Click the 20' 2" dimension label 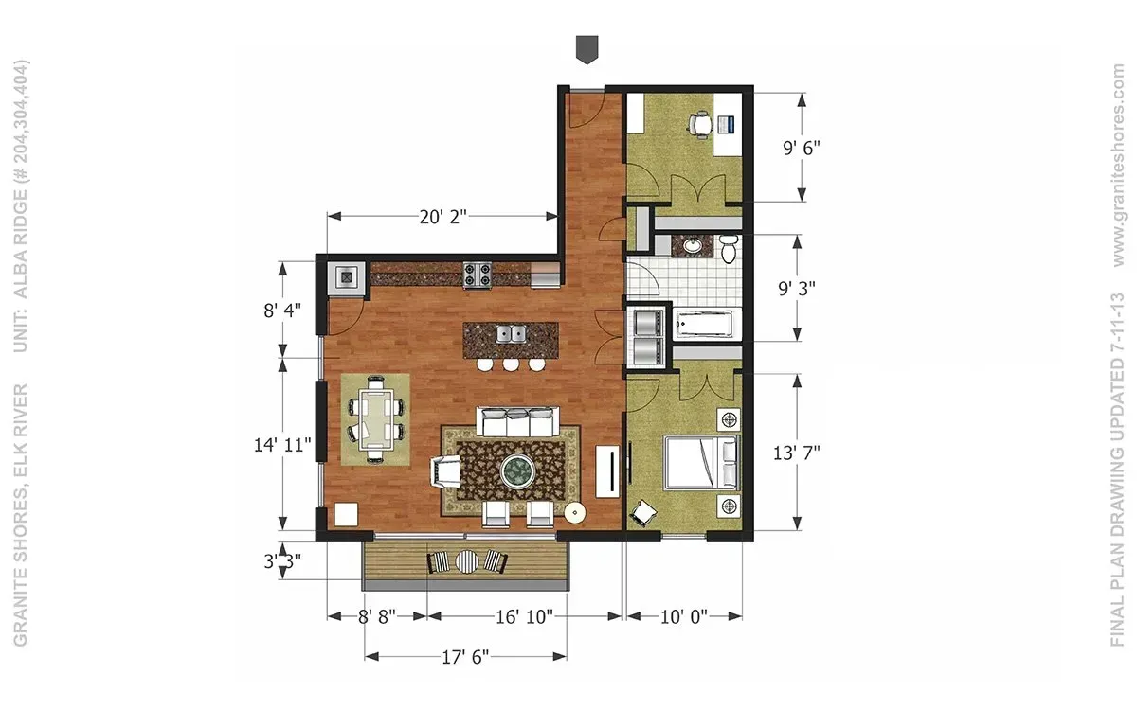pos(442,217)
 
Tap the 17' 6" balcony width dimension pos(465,657)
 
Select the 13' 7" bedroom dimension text pos(797,453)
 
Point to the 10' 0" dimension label pos(684,616)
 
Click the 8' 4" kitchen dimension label pos(282,311)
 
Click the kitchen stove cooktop pos(478,275)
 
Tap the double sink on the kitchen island pos(511,334)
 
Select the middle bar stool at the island pos(511,364)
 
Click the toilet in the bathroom pos(728,249)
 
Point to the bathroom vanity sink pos(692,246)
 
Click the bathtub pos(704,324)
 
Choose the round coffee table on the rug pos(518,471)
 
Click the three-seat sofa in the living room pos(517,421)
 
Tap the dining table pos(375,419)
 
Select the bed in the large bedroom pos(701,463)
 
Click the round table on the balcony pos(467,560)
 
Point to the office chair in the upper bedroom pos(699,124)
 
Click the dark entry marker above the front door pos(587,49)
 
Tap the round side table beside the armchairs pos(574,513)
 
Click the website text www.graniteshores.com pos(1118,166)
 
